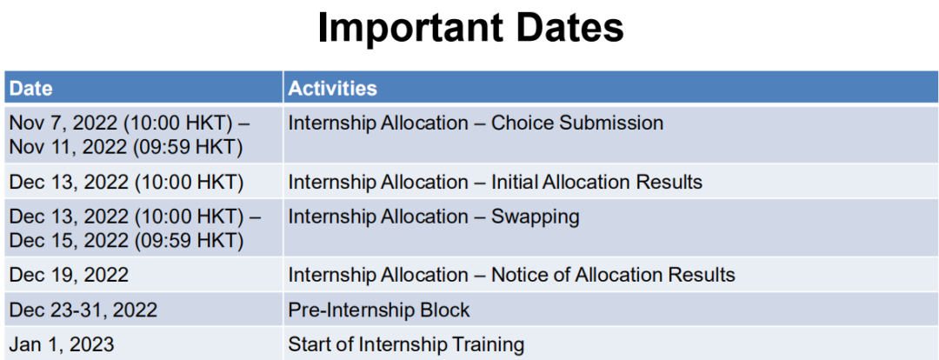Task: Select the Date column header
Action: (31, 89)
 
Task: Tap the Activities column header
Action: (332, 89)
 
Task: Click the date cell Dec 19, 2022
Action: (69, 275)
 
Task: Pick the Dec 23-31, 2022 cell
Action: (83, 310)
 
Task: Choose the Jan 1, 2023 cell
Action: (62, 345)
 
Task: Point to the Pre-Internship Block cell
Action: (379, 310)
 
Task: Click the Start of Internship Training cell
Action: (406, 345)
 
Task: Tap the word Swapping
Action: (536, 217)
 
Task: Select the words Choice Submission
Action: (577, 123)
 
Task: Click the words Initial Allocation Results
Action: (597, 182)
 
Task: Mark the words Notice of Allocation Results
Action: (613, 275)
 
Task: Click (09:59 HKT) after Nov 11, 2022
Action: (189, 147)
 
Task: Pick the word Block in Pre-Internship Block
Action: (446, 310)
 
